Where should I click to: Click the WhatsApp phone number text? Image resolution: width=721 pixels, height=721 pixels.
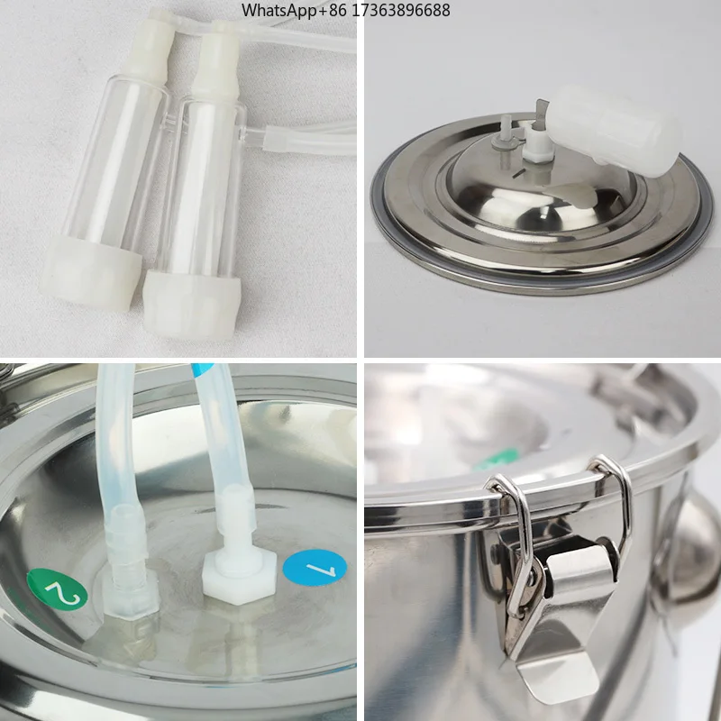coord(346,10)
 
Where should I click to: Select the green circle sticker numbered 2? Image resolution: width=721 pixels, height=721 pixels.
coord(57,589)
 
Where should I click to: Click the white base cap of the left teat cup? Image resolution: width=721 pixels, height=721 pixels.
coord(90,271)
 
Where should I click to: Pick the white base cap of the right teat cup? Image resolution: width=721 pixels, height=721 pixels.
coord(191,304)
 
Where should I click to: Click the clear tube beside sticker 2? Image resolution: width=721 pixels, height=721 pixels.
coord(118,442)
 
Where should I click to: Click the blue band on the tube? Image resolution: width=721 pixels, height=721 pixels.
coord(204,370)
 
